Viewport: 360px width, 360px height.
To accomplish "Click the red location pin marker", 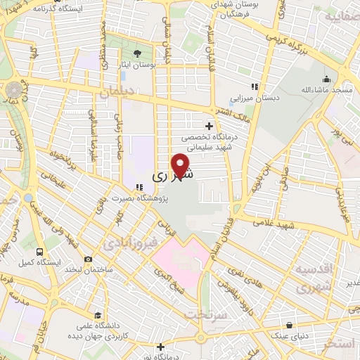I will pos(181,165).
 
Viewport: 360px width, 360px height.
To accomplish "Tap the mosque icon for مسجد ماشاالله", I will pos(326,79).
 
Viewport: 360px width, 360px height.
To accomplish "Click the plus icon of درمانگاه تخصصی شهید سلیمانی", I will pos(209,125).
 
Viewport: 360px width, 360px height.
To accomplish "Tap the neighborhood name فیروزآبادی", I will pos(127,245).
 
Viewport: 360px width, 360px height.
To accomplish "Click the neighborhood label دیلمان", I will pos(117,91).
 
